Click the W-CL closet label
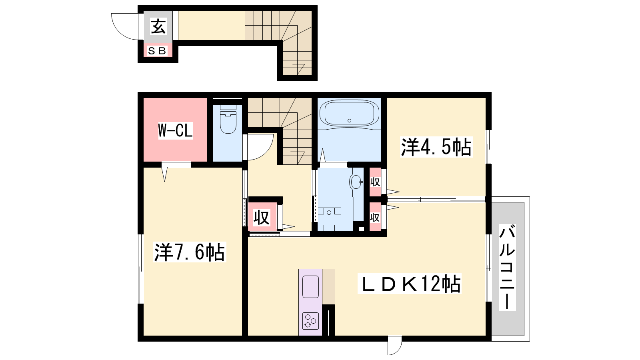coord(176,130)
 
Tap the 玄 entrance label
coord(158,27)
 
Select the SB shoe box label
coord(158,51)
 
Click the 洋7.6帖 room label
coord(190,252)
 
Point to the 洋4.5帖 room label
coord(436,147)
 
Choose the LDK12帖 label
coord(410,284)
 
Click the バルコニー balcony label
coord(507,268)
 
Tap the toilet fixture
coord(228,119)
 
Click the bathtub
coord(349,114)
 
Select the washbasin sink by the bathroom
coord(356,182)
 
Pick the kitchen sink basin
coord(310,287)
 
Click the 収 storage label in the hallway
coord(262,218)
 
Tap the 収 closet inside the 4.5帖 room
coord(375,182)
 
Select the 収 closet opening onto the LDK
coord(375,218)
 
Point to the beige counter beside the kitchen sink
coord(328,287)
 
